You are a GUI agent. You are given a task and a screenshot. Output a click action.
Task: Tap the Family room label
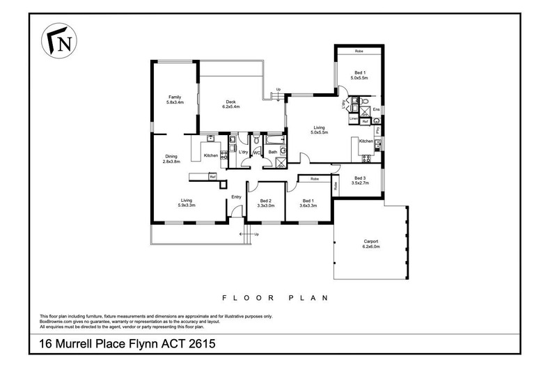tap(174, 97)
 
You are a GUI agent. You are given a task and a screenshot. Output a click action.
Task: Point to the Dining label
tap(172, 156)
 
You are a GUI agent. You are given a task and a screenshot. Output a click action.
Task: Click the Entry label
tap(236, 196)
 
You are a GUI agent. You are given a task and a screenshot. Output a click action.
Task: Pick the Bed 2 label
tap(263, 201)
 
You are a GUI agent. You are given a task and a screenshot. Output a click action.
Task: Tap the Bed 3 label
tap(360, 178)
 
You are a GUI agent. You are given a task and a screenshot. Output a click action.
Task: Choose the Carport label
tap(370, 241)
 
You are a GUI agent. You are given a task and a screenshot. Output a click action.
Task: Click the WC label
tap(256, 152)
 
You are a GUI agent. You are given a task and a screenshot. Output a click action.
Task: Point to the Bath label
tap(273, 152)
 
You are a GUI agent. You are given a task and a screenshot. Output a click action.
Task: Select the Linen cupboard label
tap(354, 118)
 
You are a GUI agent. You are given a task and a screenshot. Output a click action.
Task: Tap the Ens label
tap(376, 109)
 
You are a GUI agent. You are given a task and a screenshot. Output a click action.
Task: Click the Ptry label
tap(377, 130)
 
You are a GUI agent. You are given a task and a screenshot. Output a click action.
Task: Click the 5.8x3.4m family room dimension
tap(174, 102)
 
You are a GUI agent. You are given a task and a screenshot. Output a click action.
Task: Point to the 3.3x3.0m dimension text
tap(263, 206)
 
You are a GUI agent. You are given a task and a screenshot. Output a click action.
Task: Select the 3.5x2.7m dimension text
tap(360, 183)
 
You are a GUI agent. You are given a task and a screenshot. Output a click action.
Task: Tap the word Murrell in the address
tap(93, 345)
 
